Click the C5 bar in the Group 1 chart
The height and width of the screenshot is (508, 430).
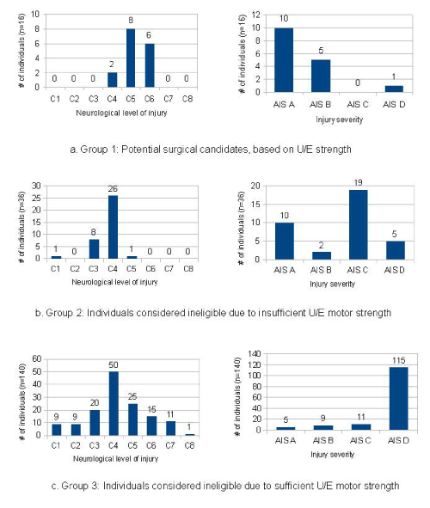pos(131,58)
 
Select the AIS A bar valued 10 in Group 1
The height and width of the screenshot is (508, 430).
pos(284,60)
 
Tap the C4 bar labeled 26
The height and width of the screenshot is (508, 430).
pos(113,227)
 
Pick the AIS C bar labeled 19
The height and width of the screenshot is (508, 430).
pos(358,224)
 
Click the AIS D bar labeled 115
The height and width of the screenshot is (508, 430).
pos(398,399)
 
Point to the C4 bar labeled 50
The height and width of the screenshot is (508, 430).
pos(114,403)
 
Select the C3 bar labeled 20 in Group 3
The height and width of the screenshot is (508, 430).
pos(95,423)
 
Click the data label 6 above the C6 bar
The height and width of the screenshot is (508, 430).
pos(149,35)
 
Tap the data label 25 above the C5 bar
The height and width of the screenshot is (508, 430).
pos(132,396)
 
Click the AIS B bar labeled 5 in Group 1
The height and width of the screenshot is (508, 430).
pos(321,77)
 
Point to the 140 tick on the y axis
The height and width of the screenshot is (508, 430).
pos(255,354)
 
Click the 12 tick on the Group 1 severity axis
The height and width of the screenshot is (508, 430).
pos(256,15)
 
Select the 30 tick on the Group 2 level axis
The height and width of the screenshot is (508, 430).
pos(36,186)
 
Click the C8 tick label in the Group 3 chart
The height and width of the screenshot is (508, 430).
pos(189,446)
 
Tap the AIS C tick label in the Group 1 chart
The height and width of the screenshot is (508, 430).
pos(358,105)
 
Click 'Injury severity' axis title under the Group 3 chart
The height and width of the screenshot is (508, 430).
pos(333,455)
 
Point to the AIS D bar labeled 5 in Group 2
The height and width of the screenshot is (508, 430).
pos(396,250)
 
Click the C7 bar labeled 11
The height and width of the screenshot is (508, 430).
pos(171,428)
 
